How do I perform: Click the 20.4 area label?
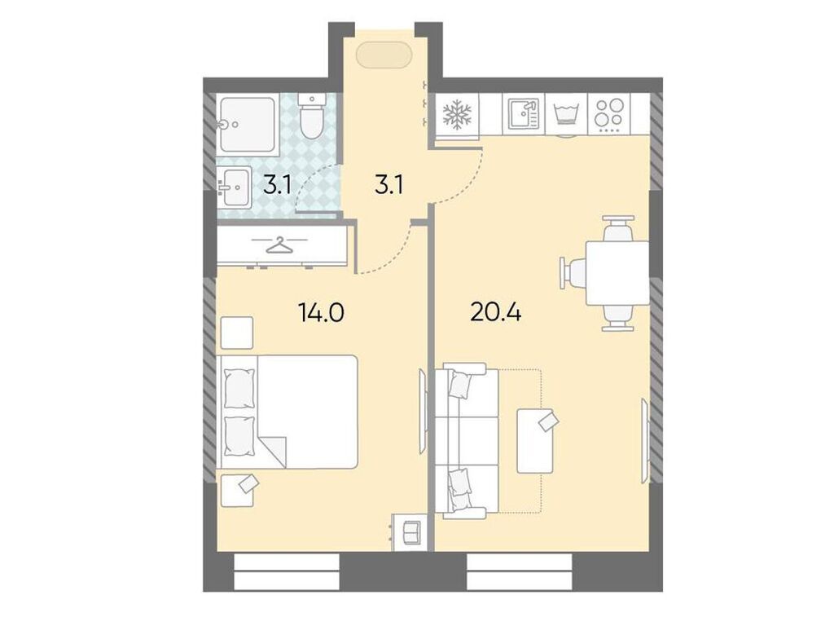(x=495, y=311)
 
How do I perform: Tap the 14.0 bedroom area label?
(x=321, y=311)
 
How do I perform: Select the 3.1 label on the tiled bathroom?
(x=278, y=186)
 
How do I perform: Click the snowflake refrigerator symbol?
(x=457, y=115)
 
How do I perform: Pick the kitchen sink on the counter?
(x=522, y=115)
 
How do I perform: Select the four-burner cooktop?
(x=608, y=115)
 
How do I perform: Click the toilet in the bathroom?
(x=311, y=117)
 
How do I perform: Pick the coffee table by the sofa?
(x=538, y=440)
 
